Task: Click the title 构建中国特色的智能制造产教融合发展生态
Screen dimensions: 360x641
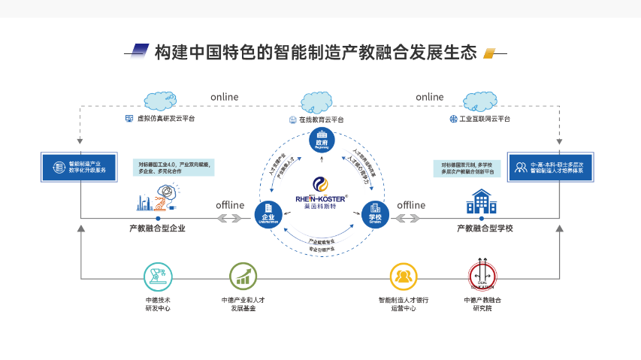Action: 316,53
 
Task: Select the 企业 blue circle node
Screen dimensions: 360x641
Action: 266,213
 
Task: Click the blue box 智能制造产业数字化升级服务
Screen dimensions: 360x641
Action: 78,167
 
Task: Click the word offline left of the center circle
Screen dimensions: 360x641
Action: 231,204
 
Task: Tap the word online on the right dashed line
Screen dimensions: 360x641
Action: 430,97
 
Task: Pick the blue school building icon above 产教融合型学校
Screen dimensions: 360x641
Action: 482,201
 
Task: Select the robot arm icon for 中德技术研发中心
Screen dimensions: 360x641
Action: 157,277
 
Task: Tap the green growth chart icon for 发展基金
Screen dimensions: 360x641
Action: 243,277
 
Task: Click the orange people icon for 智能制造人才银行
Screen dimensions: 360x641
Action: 403,277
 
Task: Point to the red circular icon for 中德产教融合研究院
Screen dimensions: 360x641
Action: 482,277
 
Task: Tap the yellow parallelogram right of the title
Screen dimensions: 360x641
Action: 489,53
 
